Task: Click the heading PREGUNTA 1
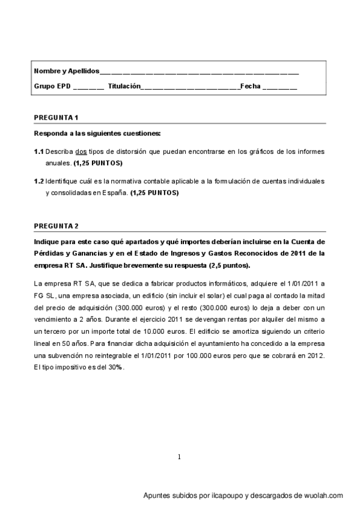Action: click(x=56, y=117)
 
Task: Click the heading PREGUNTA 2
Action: click(x=56, y=226)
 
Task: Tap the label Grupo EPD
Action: click(x=52, y=86)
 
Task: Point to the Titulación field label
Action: click(x=124, y=86)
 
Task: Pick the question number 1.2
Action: click(x=39, y=181)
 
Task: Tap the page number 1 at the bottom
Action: click(x=179, y=457)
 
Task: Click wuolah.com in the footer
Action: click(x=323, y=496)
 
